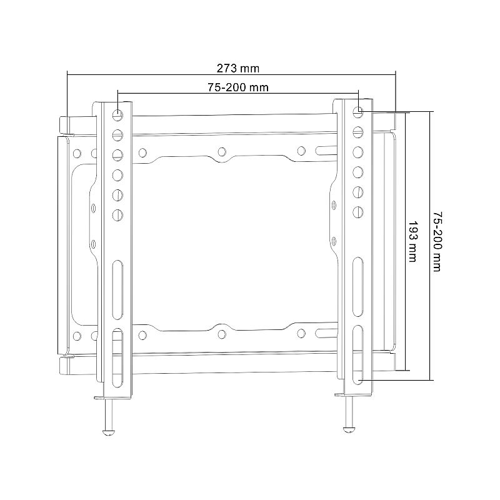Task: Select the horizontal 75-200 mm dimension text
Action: click(x=238, y=87)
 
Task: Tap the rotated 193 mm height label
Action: click(x=412, y=241)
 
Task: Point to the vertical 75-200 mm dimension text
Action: click(x=437, y=241)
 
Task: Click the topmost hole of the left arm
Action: click(x=117, y=116)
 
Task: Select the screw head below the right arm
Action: click(x=349, y=427)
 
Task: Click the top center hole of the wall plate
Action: click(x=221, y=151)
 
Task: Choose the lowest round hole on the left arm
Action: click(x=117, y=214)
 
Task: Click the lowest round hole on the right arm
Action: click(x=358, y=211)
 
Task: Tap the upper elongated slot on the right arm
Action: click(x=357, y=273)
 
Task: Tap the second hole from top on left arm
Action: click(x=117, y=134)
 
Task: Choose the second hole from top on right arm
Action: click(x=358, y=131)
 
